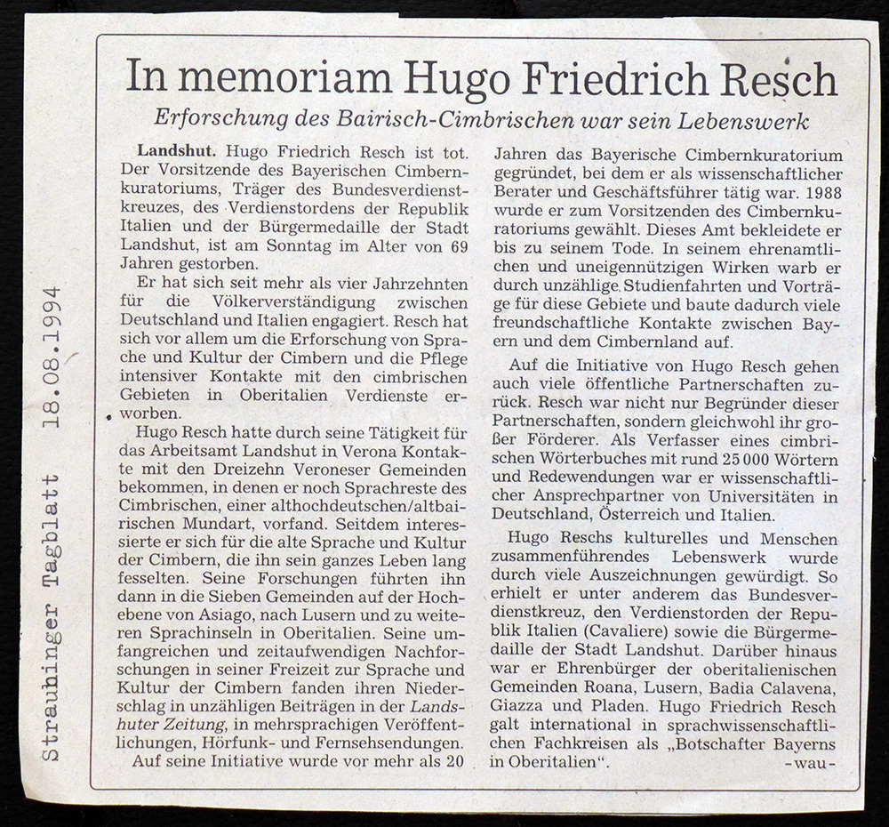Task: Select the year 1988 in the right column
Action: click(x=820, y=191)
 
